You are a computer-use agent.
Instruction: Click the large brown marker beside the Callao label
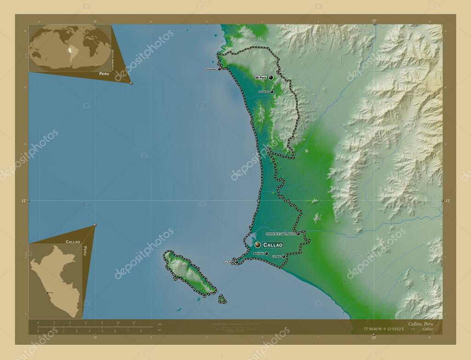pos(258,245)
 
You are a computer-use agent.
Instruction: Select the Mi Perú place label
pos(260,78)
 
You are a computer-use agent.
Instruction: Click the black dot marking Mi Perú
pos(271,77)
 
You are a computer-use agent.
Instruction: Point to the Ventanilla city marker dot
pos(272,92)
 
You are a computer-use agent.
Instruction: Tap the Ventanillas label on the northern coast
pos(211,69)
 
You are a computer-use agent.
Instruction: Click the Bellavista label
pos(258,253)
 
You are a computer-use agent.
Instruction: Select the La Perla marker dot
pos(284,257)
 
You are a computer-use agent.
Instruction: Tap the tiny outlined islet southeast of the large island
pos(222,299)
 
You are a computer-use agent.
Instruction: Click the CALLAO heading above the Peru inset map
pos(73,241)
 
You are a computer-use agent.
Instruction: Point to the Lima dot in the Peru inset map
pos(47,292)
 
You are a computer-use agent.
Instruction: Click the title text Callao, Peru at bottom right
pos(420,324)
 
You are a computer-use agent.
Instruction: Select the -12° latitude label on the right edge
pos(448,201)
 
